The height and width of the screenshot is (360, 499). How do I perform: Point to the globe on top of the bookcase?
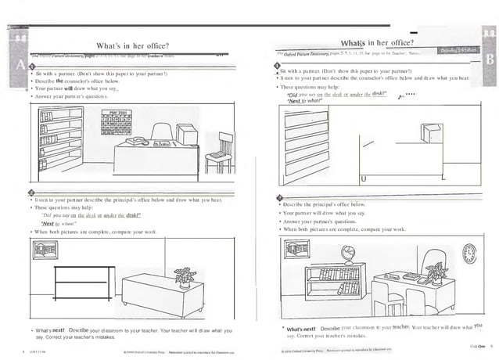345,254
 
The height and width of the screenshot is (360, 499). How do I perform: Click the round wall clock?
469,252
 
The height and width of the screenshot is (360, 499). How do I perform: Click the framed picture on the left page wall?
41,250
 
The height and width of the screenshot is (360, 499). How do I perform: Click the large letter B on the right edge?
489,59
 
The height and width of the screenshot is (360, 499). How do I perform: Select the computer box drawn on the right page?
429,133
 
